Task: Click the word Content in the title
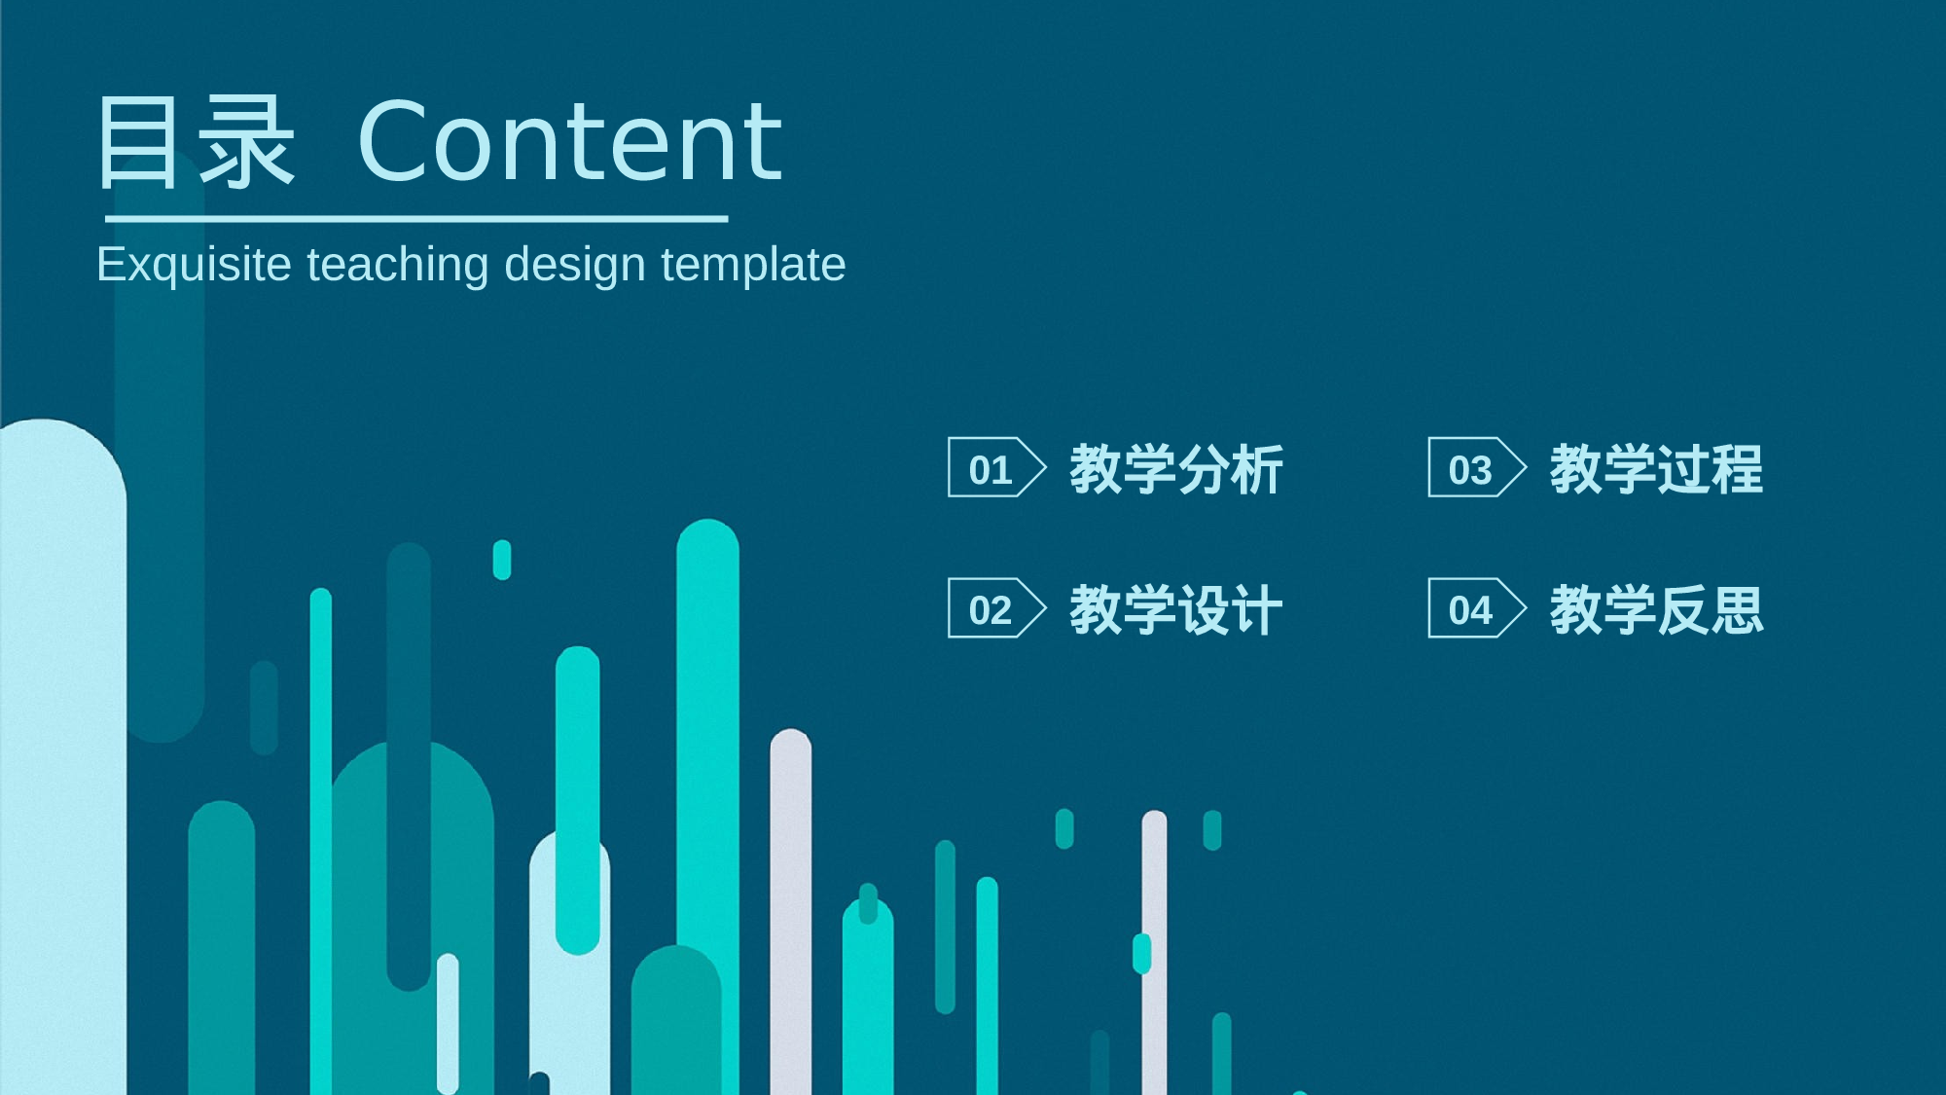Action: point(570,142)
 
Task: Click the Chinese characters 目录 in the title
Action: point(196,142)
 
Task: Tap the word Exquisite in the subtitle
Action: point(194,265)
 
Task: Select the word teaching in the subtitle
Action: point(398,265)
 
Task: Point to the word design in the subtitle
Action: point(575,265)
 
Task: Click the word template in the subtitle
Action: point(754,265)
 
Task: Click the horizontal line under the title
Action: point(416,219)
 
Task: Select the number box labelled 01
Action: point(996,467)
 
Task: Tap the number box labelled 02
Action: point(996,608)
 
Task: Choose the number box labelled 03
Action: point(1477,467)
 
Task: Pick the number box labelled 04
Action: point(1477,608)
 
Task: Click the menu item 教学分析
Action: point(1176,469)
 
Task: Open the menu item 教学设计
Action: point(1176,610)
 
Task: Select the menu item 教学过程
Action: point(1656,469)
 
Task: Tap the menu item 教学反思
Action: point(1656,610)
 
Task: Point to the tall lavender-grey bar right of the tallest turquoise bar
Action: point(791,912)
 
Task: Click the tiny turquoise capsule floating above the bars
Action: point(502,560)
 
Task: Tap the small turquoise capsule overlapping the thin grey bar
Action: point(1142,953)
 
